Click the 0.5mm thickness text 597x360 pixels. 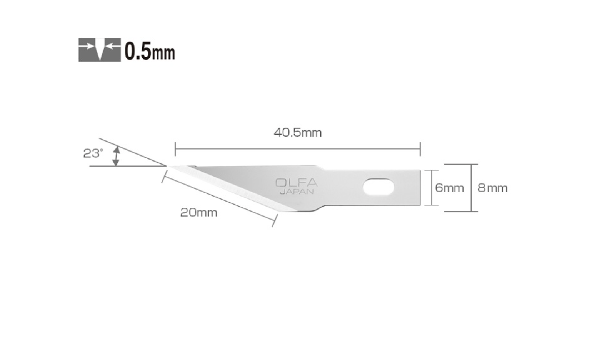(x=150, y=51)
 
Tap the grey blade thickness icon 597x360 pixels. (x=100, y=50)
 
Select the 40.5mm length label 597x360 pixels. (x=298, y=133)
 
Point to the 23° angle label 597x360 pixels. (x=93, y=153)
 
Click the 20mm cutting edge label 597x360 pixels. (x=199, y=213)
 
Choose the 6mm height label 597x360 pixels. (x=449, y=188)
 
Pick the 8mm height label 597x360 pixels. (x=492, y=188)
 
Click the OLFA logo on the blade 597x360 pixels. (x=296, y=183)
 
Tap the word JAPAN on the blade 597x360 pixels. (x=297, y=192)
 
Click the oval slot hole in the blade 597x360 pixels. (x=379, y=187)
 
